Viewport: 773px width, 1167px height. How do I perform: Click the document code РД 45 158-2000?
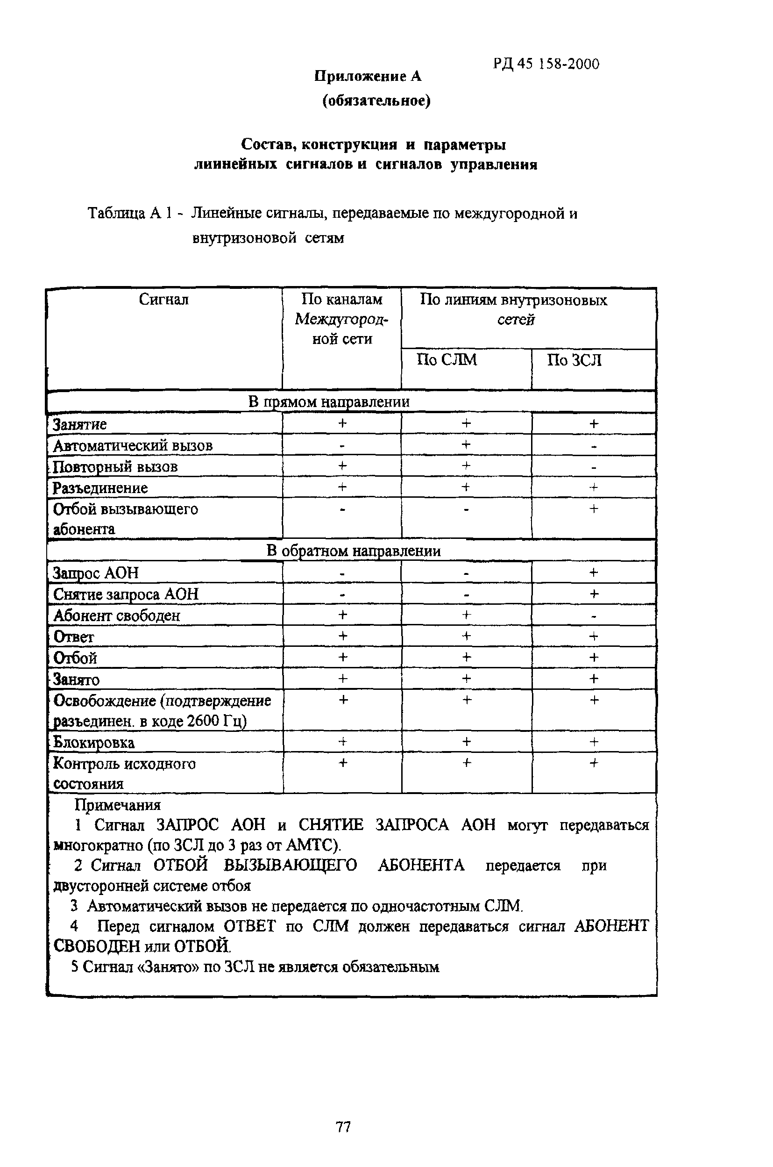click(x=546, y=64)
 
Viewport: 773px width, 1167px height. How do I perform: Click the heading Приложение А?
click(x=368, y=77)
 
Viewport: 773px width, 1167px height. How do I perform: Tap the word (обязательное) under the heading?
click(x=376, y=100)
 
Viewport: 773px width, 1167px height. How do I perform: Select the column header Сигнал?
click(x=163, y=300)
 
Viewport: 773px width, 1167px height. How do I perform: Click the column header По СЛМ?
click(x=447, y=359)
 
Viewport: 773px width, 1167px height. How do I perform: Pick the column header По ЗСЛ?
click(x=574, y=360)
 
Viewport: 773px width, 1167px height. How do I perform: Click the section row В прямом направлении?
click(x=328, y=401)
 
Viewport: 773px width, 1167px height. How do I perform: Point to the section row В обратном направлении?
click(x=353, y=551)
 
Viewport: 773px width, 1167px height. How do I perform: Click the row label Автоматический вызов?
click(x=133, y=445)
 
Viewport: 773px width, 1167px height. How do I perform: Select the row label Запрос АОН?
click(x=96, y=573)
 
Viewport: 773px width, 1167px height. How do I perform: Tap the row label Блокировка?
click(x=94, y=742)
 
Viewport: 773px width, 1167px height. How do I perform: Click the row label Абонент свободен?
click(x=117, y=615)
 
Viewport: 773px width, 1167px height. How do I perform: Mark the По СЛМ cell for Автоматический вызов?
click(x=466, y=444)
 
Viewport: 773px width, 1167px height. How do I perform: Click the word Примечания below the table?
click(x=117, y=805)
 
